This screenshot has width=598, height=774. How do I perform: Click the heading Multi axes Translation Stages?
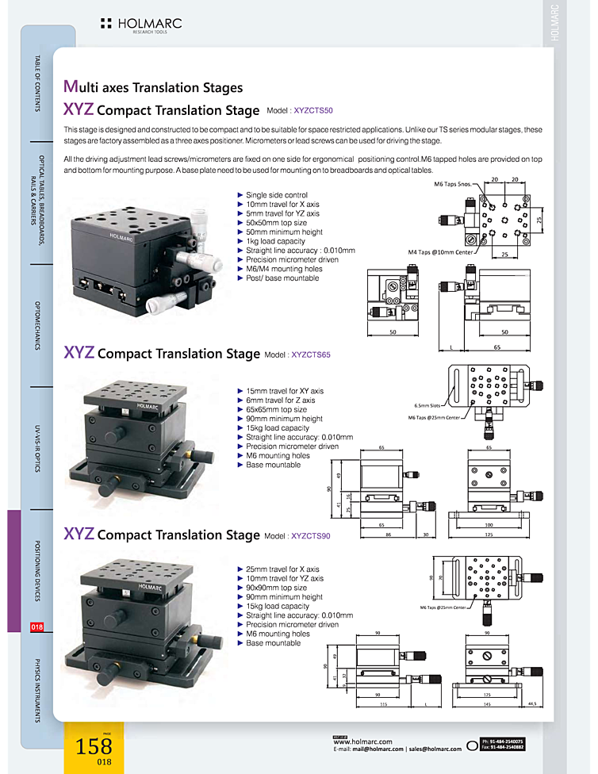tap(153, 87)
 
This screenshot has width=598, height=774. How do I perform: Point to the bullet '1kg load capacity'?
tap(275, 241)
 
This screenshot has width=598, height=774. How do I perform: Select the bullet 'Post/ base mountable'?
tap(282, 278)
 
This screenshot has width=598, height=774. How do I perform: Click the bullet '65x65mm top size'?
tap(276, 410)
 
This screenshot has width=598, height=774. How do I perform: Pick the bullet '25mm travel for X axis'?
tap(282, 569)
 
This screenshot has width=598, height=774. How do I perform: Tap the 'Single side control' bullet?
tap(276, 195)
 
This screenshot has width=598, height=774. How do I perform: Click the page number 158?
tap(94, 745)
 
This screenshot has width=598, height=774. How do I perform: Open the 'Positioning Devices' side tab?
tap(37, 571)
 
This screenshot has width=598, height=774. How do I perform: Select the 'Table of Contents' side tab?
tap(37, 83)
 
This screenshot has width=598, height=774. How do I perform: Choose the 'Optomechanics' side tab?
tap(37, 325)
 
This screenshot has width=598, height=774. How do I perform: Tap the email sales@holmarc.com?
tap(434, 749)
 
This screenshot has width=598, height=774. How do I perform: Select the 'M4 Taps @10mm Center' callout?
tap(439, 252)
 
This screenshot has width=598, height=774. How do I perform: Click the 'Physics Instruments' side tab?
tap(37, 690)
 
